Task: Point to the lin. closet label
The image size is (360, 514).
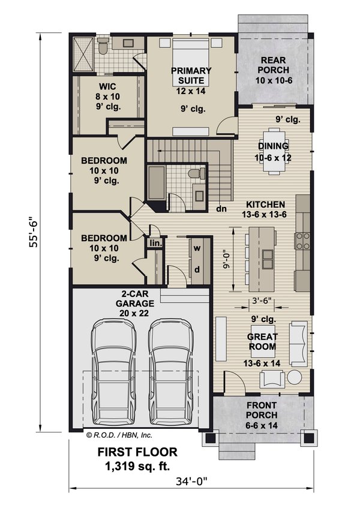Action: point(155,243)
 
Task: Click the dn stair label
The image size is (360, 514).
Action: point(221,210)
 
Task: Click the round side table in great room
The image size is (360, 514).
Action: point(294,377)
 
